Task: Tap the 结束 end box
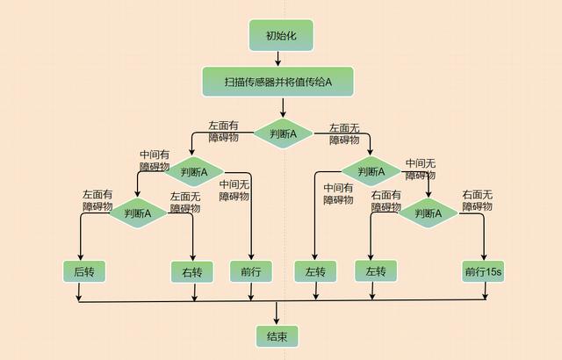277,335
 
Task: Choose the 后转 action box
84,271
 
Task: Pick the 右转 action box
192,271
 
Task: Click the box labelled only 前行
251,271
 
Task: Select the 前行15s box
485,271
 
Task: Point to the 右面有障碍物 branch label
386,201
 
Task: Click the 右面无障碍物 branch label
478,200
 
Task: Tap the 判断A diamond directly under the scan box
283,133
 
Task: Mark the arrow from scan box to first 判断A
283,107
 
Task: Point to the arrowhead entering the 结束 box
277,321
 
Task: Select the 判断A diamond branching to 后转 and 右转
137,212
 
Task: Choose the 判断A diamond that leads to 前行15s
429,212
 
